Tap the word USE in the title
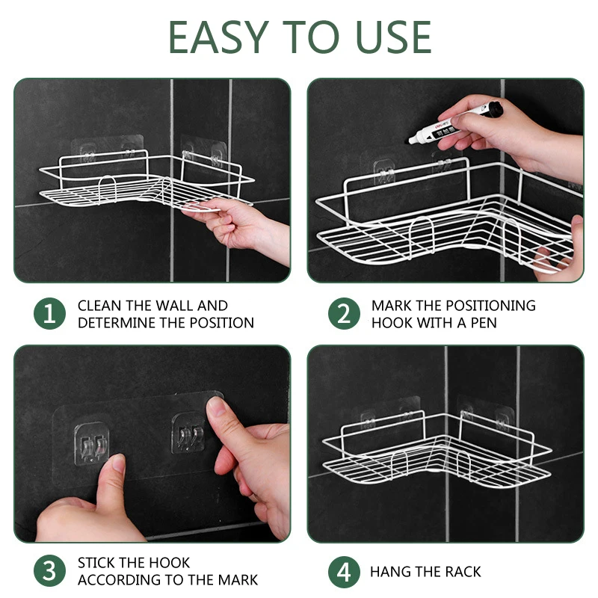point(393,37)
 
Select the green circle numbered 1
point(49,313)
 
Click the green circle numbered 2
point(344,313)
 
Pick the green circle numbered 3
point(49,571)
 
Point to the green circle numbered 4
point(344,572)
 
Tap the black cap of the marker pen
point(495,108)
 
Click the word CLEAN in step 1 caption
point(99,306)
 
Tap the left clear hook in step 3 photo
point(91,443)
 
